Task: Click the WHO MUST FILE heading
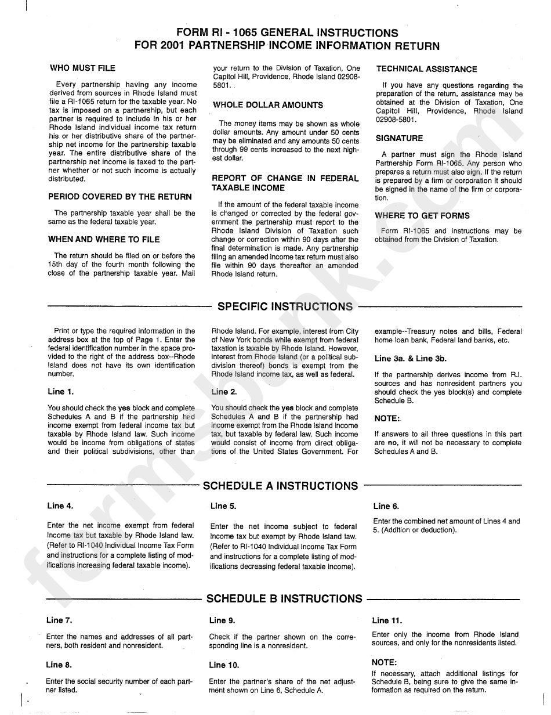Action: click(82, 68)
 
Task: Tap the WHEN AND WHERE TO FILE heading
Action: click(104, 239)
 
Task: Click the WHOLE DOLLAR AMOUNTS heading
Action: click(267, 105)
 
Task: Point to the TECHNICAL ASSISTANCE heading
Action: click(426, 69)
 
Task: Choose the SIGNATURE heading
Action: click(399, 138)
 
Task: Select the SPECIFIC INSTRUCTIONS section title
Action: click(285, 306)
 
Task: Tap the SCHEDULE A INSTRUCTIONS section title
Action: click(281, 486)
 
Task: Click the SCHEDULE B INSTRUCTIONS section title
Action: click(284, 598)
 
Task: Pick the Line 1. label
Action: click(60, 392)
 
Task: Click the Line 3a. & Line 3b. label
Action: click(403, 359)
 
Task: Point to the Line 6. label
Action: click(386, 506)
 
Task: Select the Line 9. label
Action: click(222, 620)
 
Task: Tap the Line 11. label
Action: click(387, 620)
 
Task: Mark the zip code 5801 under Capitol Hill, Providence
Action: click(222, 85)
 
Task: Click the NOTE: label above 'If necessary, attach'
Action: click(384, 662)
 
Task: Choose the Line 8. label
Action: click(59, 665)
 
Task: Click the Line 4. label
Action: click(60, 506)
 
